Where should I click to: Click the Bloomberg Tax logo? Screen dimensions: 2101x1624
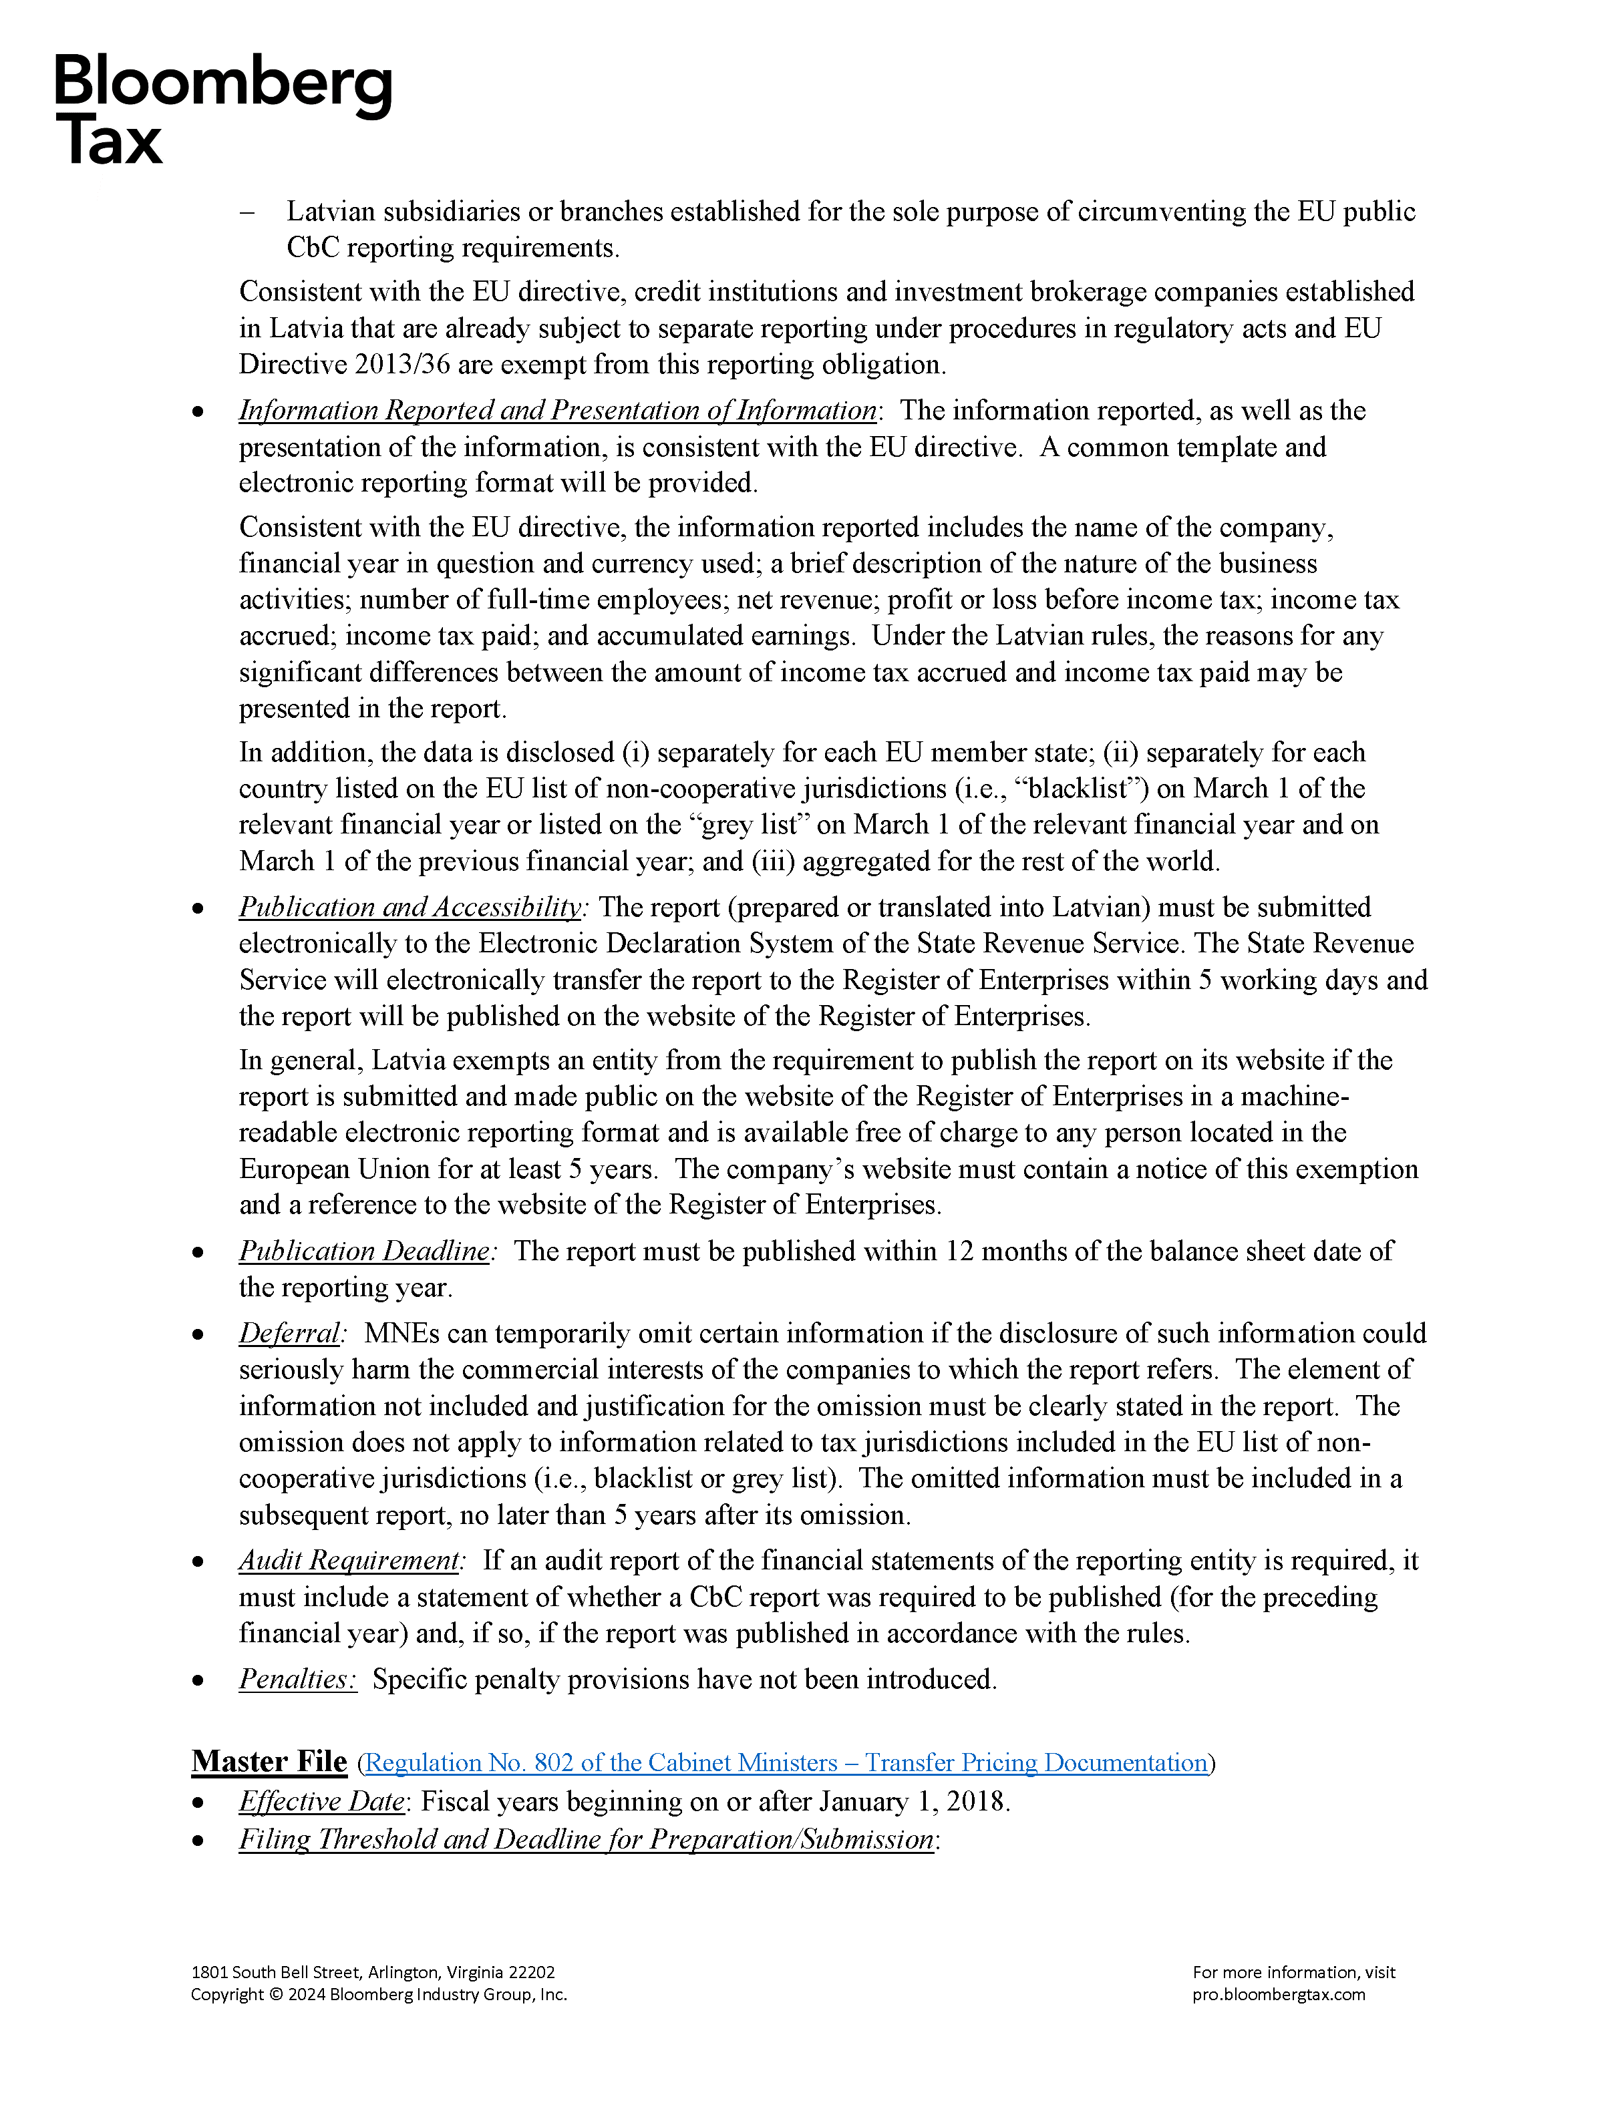tap(222, 109)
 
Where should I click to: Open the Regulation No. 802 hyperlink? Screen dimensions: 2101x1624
tap(786, 1762)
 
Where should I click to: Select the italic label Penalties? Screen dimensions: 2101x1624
tap(297, 1679)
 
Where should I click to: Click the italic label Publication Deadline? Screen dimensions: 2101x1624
tap(365, 1251)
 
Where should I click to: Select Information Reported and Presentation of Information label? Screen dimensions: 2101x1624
tap(557, 411)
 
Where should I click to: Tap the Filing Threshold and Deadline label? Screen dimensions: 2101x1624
tap(586, 1839)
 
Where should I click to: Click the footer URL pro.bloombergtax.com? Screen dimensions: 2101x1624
tap(1279, 1994)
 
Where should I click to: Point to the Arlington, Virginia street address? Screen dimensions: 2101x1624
tap(372, 1972)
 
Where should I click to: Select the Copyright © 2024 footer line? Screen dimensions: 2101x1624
tap(378, 1994)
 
